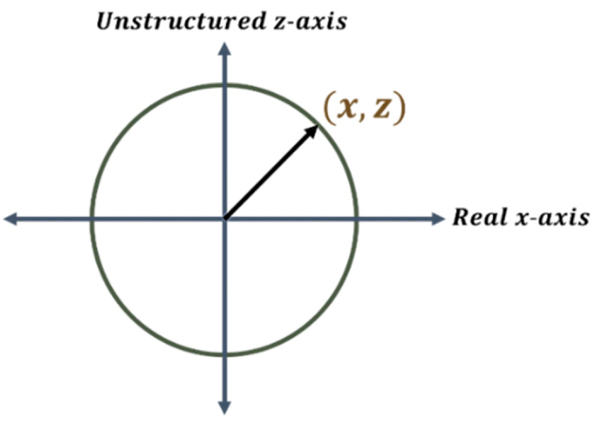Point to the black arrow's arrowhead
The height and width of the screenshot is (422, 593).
click(x=313, y=131)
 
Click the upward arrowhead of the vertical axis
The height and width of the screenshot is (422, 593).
click(x=225, y=50)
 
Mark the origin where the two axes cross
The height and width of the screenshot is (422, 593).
click(x=225, y=219)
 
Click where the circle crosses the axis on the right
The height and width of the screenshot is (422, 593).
click(x=356, y=219)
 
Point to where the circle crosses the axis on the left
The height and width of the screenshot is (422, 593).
click(x=91, y=219)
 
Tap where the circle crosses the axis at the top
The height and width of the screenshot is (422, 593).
click(x=225, y=85)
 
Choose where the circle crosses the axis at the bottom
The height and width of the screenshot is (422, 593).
click(x=225, y=355)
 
